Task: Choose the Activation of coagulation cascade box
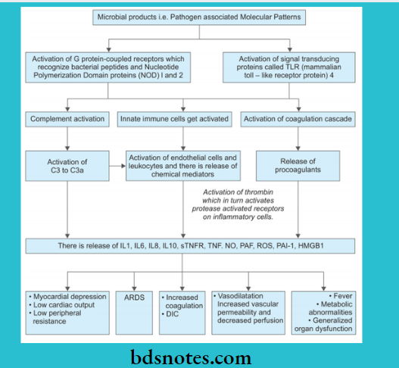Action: (298, 119)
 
